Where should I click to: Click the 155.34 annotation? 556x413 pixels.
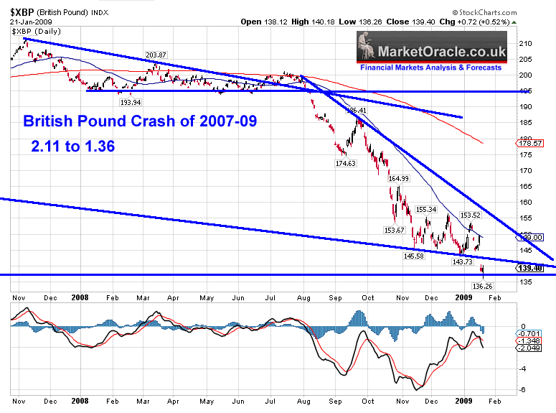pyautogui.click(x=426, y=209)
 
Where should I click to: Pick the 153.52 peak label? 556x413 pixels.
pyautogui.click(x=470, y=214)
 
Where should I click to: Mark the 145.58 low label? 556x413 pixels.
pyautogui.click(x=414, y=256)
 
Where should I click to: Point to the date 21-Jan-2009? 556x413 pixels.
pyautogui.click(x=29, y=21)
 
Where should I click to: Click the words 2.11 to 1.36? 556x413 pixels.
pyautogui.click(x=73, y=145)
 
